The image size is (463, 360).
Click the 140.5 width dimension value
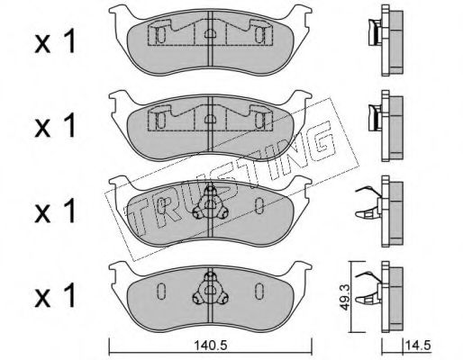coord(210,346)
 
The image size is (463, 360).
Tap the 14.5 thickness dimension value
coord(418,345)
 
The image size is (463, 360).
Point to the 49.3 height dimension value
coord(345,298)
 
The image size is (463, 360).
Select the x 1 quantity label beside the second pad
coord(56,126)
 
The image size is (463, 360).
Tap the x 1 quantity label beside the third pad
coord(56,211)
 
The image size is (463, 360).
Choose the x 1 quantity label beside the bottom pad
coord(56,295)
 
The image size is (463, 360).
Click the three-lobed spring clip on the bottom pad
coord(210,289)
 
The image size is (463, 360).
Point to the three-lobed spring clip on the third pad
coord(210,203)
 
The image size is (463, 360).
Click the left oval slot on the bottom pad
coord(161,291)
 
